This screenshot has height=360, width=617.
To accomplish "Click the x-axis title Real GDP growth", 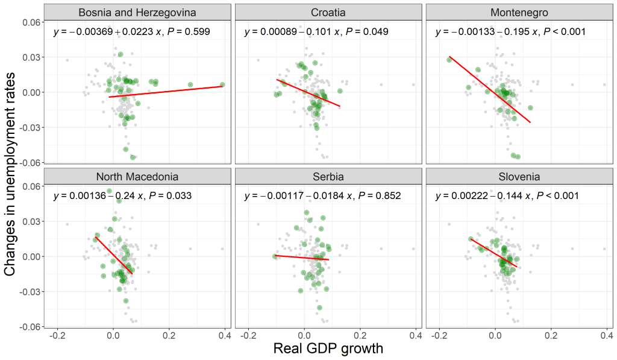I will pyautogui.click(x=328, y=349).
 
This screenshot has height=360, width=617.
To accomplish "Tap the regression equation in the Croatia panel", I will pyautogui.click(x=316, y=32).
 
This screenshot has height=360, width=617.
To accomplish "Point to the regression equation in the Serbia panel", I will pyautogui.click(x=322, y=196).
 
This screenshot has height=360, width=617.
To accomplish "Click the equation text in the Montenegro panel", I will pyautogui.click(x=510, y=32).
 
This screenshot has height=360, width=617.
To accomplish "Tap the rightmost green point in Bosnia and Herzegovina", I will pyautogui.click(x=222, y=85).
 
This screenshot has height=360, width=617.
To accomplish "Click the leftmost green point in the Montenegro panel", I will pyautogui.click(x=449, y=60).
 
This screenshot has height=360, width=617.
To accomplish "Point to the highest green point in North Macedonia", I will pyautogui.click(x=110, y=191).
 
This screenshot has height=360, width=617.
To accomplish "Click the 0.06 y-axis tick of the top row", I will pyautogui.click(x=30, y=22).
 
